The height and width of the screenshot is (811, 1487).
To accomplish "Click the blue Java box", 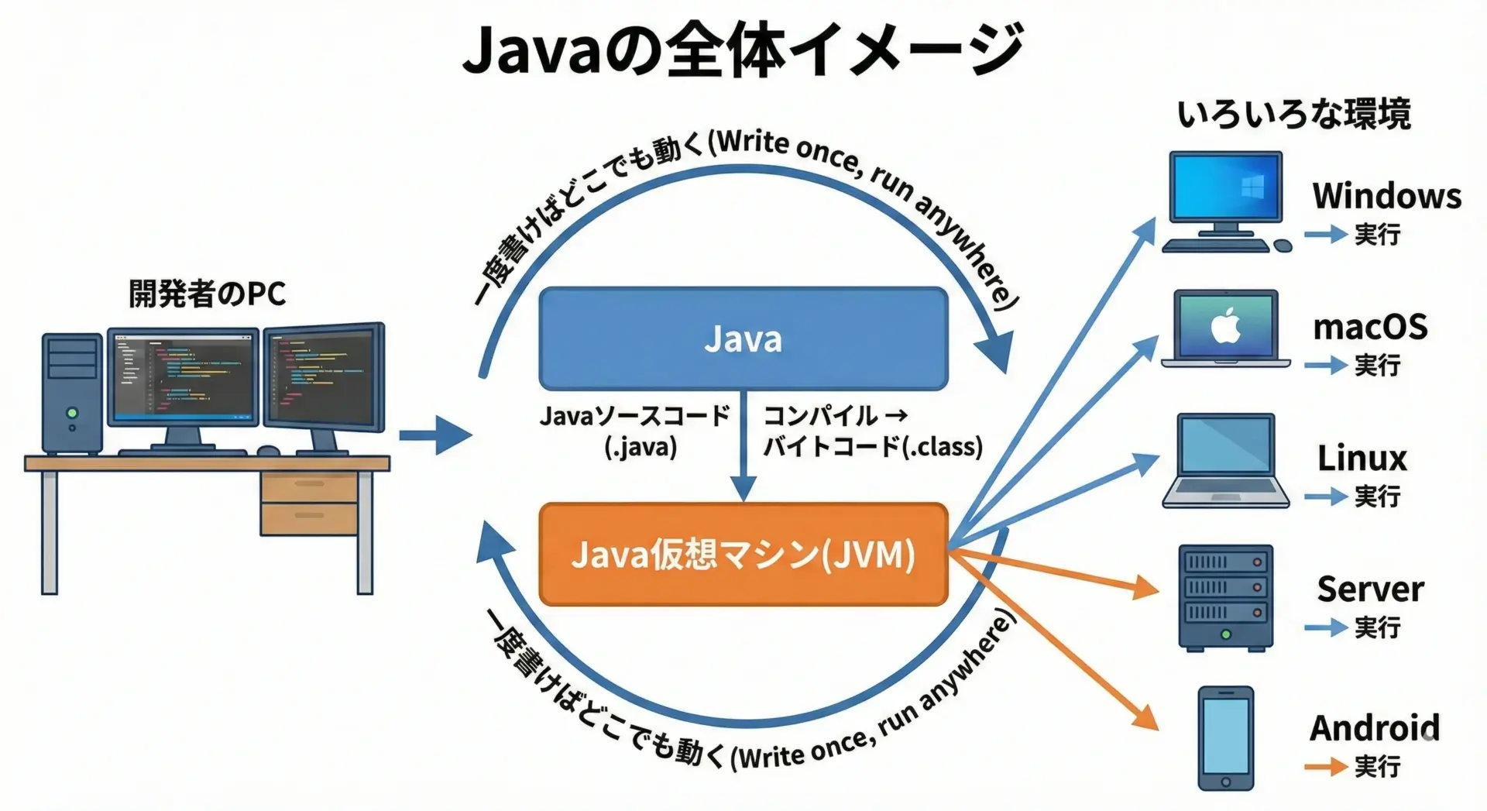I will click(743, 338).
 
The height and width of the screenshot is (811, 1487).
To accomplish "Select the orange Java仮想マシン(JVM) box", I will click(743, 554).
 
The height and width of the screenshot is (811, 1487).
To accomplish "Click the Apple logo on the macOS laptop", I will click(1225, 327).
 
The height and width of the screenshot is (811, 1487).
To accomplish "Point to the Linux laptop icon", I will click(1225, 461).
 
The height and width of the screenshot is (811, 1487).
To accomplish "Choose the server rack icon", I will click(1225, 597).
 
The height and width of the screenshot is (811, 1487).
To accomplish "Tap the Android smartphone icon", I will click(1225, 737).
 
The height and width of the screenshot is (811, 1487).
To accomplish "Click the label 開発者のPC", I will click(207, 294).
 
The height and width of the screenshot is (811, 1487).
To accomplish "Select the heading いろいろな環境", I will click(1293, 115).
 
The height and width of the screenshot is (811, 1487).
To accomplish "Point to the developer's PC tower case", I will click(71, 393).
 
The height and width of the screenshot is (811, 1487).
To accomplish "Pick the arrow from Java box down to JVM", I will click(743, 449).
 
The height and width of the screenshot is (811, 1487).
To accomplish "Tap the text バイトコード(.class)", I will click(873, 447).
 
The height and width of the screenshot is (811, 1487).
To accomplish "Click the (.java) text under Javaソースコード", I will click(640, 448).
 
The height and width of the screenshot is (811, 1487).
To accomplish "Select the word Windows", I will click(1386, 195).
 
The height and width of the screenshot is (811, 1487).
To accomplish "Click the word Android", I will click(1375, 728).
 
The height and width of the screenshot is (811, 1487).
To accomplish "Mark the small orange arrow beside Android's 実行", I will click(1325, 767).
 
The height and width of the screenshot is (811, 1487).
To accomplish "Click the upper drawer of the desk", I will click(309, 486).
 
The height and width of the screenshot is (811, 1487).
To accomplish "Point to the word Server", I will click(1370, 589).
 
